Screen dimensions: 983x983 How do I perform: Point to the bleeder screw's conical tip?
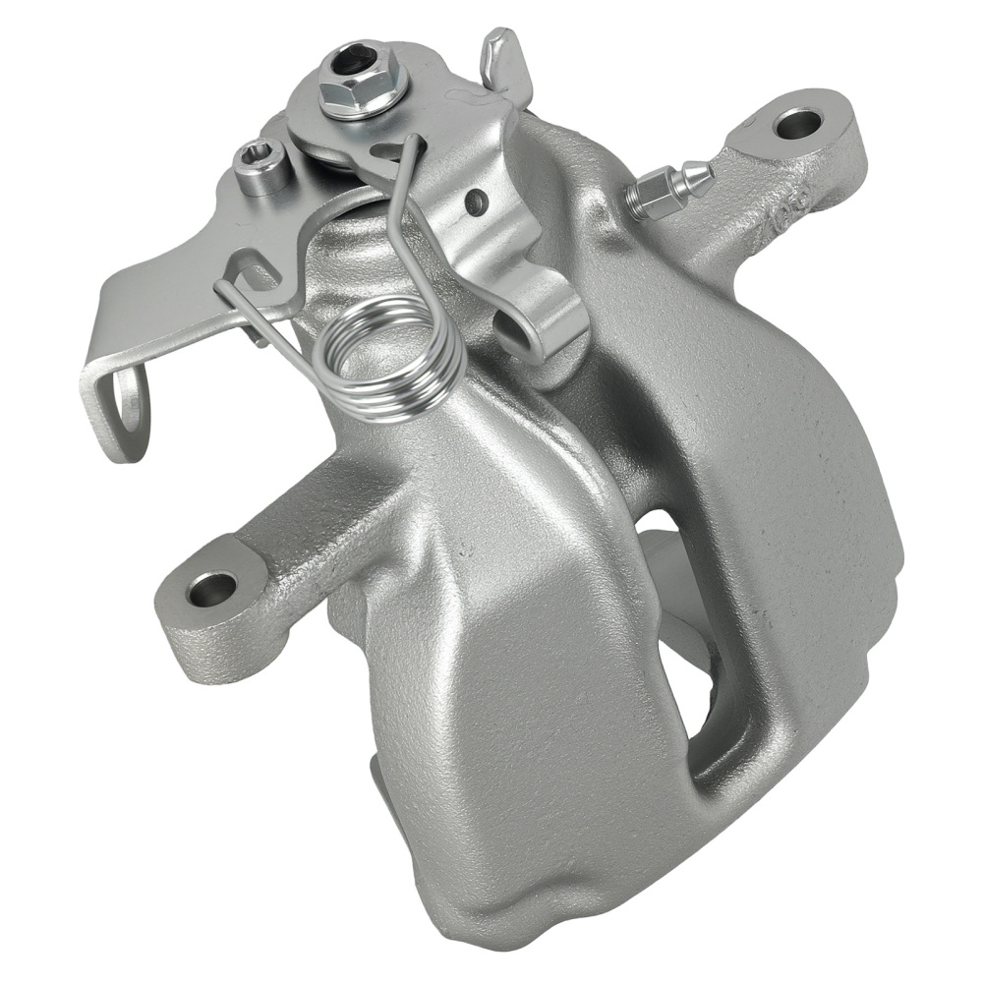click(699, 176)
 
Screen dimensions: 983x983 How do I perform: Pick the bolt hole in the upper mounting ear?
click(797, 124)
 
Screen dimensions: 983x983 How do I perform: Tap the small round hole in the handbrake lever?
click(477, 203)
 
